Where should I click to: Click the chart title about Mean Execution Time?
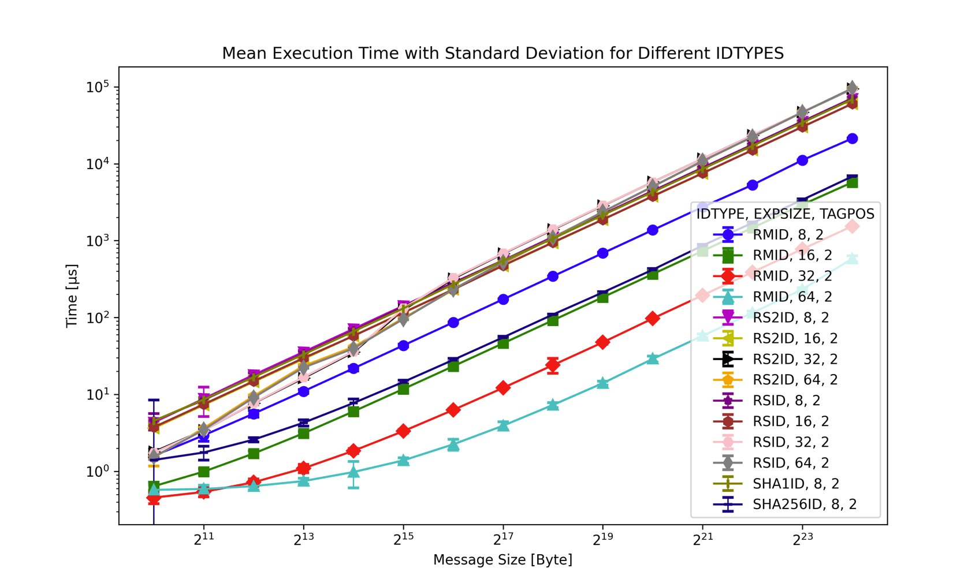[x=502, y=53]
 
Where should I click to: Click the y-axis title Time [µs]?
[x=72, y=296]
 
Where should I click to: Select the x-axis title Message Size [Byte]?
[x=502, y=559]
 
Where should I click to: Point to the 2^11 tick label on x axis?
[x=203, y=539]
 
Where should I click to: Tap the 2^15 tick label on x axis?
[x=403, y=539]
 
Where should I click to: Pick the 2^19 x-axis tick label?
[x=602, y=539]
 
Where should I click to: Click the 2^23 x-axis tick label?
[x=802, y=539]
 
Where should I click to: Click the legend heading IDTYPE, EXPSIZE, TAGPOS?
[x=785, y=214]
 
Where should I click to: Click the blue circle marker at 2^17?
[x=503, y=300]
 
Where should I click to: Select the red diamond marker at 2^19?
[x=602, y=342]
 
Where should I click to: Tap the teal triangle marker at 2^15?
[x=403, y=460]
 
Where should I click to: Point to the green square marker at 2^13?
[x=303, y=433]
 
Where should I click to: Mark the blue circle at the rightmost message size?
[x=852, y=139]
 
